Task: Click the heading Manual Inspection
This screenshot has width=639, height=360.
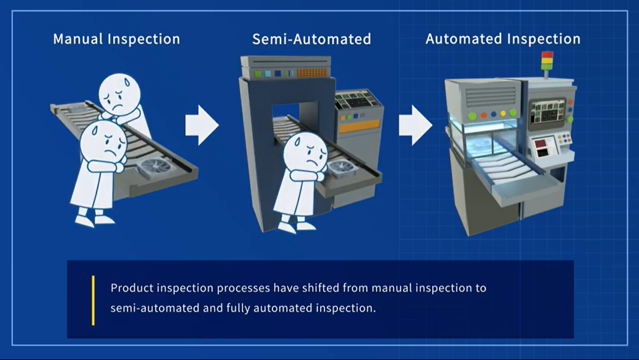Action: [x=116, y=39]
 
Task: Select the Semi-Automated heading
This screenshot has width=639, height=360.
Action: [x=311, y=39]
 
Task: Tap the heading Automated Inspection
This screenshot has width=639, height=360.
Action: [x=503, y=39]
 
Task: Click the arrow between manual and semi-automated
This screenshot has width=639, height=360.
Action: [x=202, y=125]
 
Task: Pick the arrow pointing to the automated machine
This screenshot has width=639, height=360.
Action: [x=415, y=125]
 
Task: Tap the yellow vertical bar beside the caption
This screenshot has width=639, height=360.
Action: [x=93, y=301]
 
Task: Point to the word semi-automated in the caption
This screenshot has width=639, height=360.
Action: [x=155, y=308]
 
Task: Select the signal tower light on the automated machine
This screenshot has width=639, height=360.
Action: [x=547, y=61]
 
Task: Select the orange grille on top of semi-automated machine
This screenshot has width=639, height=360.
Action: [x=312, y=72]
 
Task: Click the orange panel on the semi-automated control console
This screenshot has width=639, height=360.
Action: [x=359, y=126]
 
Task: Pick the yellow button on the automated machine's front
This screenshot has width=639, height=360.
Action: [x=503, y=113]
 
